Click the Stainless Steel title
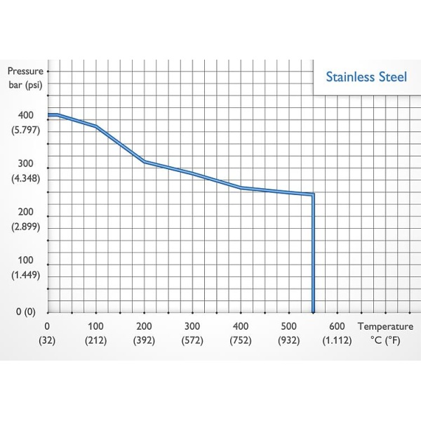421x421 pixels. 366,76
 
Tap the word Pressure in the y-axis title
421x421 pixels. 25,71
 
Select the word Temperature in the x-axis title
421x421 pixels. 385,326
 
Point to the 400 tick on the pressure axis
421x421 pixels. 25,115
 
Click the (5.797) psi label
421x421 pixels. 26,130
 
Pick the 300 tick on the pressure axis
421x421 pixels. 25,163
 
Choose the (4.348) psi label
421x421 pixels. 26,178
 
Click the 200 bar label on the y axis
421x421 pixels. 25,212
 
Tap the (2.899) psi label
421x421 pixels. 26,227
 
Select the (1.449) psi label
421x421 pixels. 26,275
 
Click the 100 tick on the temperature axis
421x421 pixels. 95,326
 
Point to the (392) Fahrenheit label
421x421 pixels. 144,340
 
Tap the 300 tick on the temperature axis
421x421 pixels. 192,326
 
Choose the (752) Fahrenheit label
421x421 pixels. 241,340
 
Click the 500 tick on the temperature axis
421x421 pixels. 289,326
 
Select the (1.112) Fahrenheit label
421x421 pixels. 338,340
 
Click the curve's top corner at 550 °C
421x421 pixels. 313,194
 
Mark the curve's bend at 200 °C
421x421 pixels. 144,161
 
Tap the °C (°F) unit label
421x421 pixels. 385,340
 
